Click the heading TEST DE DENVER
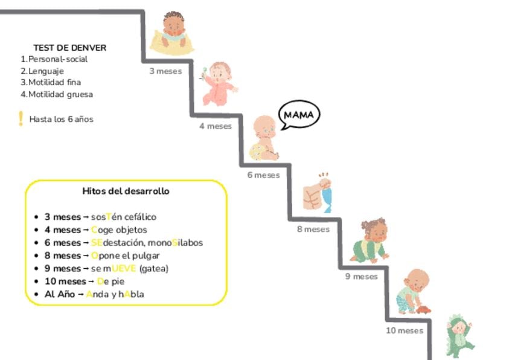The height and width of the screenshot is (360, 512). pyautogui.click(x=70, y=48)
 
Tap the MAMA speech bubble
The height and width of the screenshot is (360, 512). pyautogui.click(x=299, y=115)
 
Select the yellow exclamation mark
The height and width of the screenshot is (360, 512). pyautogui.click(x=21, y=118)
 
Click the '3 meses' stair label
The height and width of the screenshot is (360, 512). pyautogui.click(x=165, y=71)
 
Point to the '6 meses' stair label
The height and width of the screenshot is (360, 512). pyautogui.click(x=263, y=175)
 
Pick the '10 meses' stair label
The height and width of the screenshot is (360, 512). pyautogui.click(x=405, y=330)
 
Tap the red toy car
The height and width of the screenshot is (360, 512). pyautogui.click(x=423, y=309)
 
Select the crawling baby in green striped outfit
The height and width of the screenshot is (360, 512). pyautogui.click(x=371, y=241)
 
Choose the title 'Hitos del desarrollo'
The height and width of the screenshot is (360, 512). pyautogui.click(x=126, y=191)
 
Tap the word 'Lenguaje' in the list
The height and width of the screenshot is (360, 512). pyautogui.click(x=46, y=71)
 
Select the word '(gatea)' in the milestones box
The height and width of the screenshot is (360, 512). pyautogui.click(x=154, y=269)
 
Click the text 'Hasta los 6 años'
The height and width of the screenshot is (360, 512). pyautogui.click(x=62, y=119)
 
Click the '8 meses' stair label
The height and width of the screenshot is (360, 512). pyautogui.click(x=313, y=230)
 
